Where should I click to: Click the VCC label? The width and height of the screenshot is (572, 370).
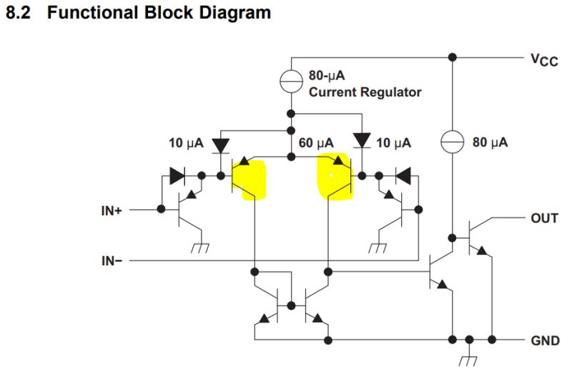click(543, 60)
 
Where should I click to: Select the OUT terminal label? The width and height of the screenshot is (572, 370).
click(544, 218)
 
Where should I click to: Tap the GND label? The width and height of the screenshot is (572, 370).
click(546, 341)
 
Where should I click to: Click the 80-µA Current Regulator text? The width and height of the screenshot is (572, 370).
click(364, 83)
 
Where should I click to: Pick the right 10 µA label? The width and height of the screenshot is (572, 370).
click(393, 144)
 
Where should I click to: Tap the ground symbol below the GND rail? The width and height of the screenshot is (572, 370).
click(470, 357)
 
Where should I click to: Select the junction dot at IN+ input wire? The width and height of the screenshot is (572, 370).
click(161, 210)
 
